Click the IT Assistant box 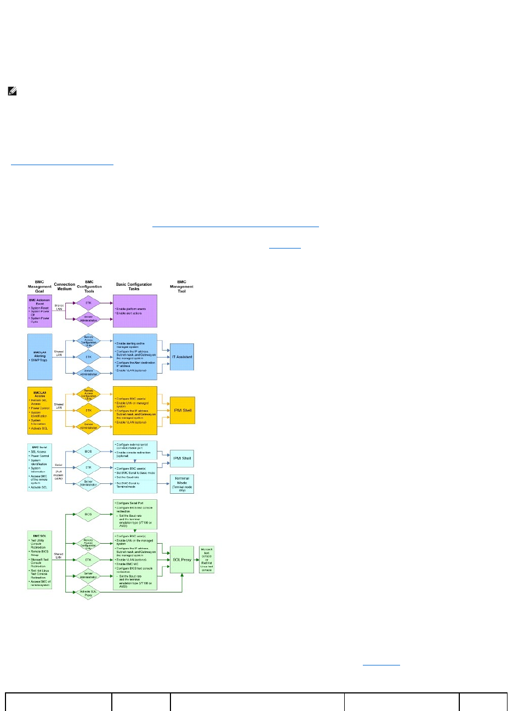[182, 357]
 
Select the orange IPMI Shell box [182, 410]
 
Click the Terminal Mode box [182, 484]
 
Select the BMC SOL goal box [39, 559]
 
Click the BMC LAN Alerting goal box [39, 357]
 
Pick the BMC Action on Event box [39, 311]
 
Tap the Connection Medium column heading [65, 287]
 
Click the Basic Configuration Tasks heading [134, 287]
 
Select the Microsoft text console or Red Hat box [207, 560]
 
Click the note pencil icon [13, 93]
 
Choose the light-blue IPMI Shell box [182, 458]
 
